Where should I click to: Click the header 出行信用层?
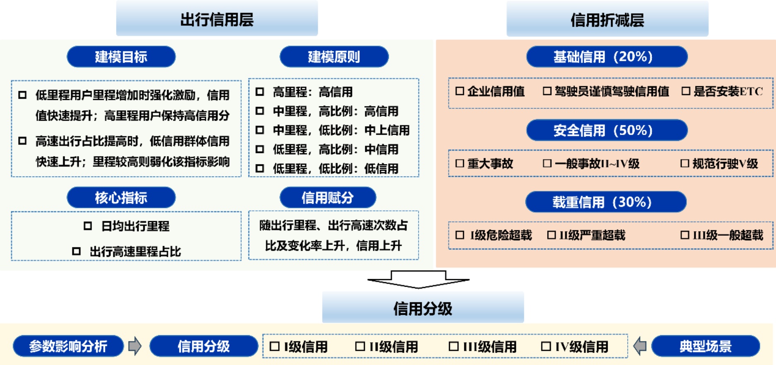(x=217, y=19)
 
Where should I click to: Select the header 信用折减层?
(x=607, y=19)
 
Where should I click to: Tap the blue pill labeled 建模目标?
(x=121, y=57)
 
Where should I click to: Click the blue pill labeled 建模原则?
(x=334, y=57)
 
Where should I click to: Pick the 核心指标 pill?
(x=121, y=198)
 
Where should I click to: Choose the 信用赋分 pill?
(x=327, y=198)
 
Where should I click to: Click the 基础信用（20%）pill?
(x=607, y=57)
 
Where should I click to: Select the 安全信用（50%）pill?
(x=607, y=131)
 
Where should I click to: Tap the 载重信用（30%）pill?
(x=606, y=202)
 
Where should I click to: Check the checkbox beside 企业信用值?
(x=459, y=91)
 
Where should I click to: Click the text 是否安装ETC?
(x=728, y=91)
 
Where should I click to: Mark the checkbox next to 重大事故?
(x=459, y=163)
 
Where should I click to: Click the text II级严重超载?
(x=592, y=235)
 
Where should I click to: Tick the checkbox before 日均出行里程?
(x=87, y=226)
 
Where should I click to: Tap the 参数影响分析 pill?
(x=68, y=346)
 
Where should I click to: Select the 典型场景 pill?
(x=706, y=346)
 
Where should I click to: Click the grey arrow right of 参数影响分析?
(x=135, y=346)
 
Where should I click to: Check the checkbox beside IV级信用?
(x=546, y=346)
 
